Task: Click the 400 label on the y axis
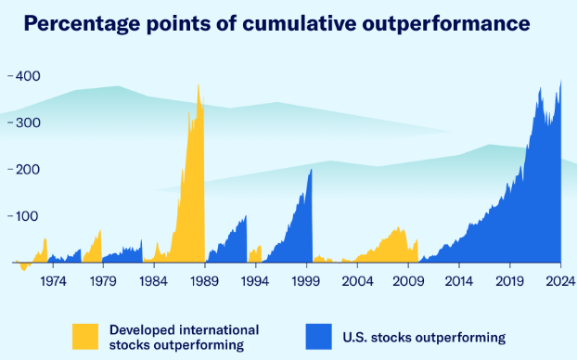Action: pyautogui.click(x=28, y=76)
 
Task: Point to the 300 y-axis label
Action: pyautogui.click(x=28, y=122)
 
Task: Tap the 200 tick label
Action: pyautogui.click(x=28, y=169)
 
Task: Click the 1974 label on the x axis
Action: pyautogui.click(x=54, y=281)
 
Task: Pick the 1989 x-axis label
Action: pyautogui.click(x=204, y=281)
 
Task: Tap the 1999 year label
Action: pyautogui.click(x=306, y=281)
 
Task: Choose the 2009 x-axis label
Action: pyautogui.click(x=408, y=281)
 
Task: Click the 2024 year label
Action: pyautogui.click(x=560, y=281)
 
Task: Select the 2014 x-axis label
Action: pyautogui.click(x=459, y=281)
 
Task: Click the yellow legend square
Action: pyautogui.click(x=85, y=337)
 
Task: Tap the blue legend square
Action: pyautogui.click(x=319, y=337)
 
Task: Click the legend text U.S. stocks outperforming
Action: pyautogui.click(x=424, y=337)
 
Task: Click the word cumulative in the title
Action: pyautogui.click(x=300, y=23)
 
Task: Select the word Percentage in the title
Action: pyautogui.click(x=82, y=24)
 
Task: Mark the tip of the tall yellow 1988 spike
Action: pyautogui.click(x=199, y=84)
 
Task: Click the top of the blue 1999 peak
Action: pyautogui.click(x=312, y=169)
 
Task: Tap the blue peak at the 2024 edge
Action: pyautogui.click(x=561, y=81)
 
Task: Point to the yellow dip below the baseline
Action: pyautogui.click(x=24, y=270)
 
